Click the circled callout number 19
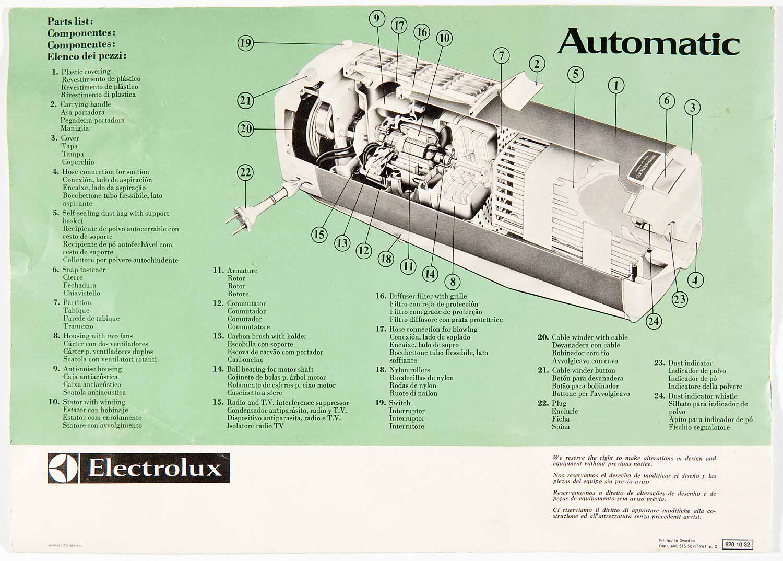(x=245, y=43)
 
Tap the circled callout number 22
(x=245, y=172)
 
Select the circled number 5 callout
(x=575, y=74)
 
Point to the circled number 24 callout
(x=654, y=321)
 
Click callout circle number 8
(x=453, y=282)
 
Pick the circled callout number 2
(x=537, y=64)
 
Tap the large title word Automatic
(x=649, y=43)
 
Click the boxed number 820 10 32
(x=738, y=544)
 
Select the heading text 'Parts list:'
(x=70, y=21)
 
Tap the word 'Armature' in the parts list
(x=242, y=271)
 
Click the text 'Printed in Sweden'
(x=677, y=541)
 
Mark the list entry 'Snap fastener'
(x=84, y=270)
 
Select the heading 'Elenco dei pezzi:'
(x=87, y=56)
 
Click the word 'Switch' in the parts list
(x=399, y=403)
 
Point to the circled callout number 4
(x=695, y=280)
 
